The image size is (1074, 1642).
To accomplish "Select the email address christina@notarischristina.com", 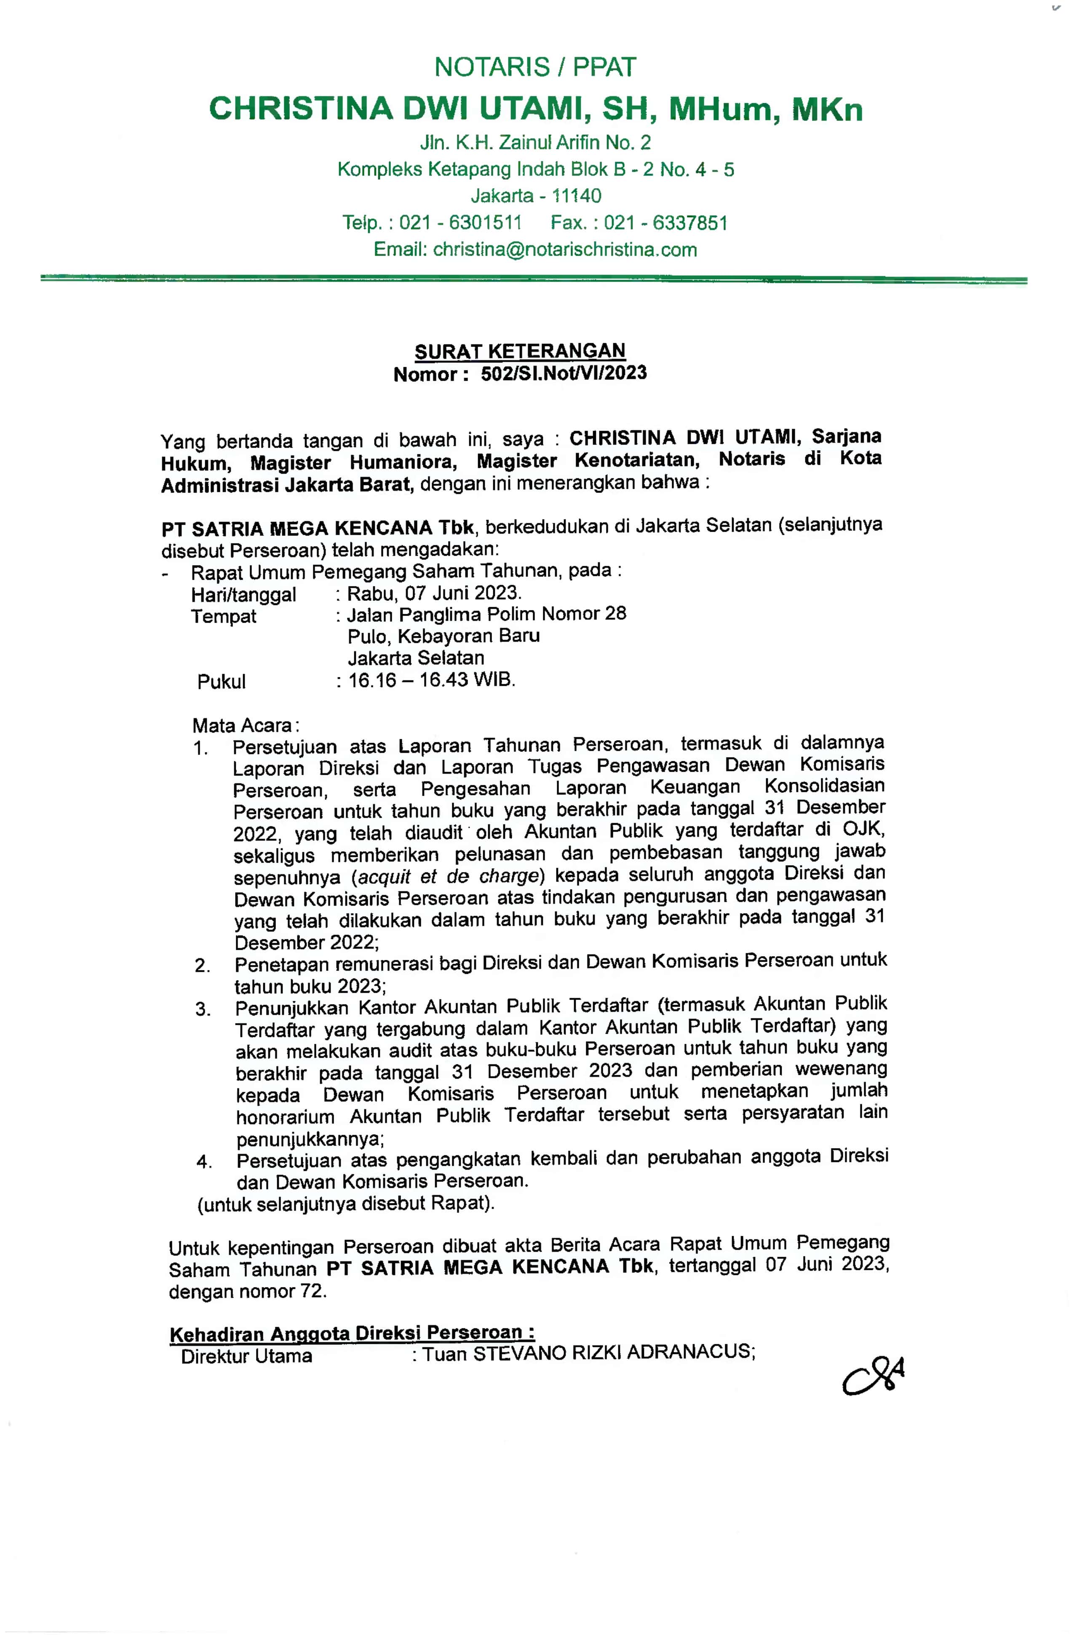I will pyautogui.click(x=565, y=250).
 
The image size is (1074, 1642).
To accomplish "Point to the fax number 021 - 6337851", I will pyautogui.click(x=665, y=223).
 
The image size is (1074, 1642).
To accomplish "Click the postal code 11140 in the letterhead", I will pyautogui.click(x=577, y=196).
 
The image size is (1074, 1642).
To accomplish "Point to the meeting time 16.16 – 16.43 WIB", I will pyautogui.click(x=431, y=680).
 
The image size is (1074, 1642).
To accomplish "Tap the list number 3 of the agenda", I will pyautogui.click(x=202, y=1009).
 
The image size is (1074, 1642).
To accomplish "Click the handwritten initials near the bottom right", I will pyautogui.click(x=873, y=1377).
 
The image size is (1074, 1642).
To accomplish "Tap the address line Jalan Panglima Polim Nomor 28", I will pyautogui.click(x=486, y=614).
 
